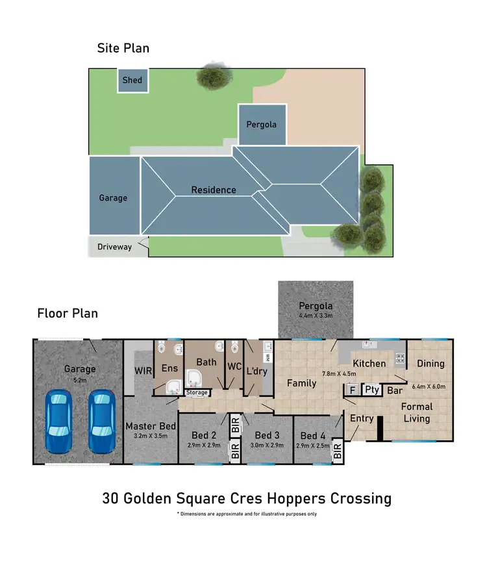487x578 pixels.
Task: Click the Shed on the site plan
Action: [x=132, y=81]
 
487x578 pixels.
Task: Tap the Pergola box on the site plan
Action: [x=262, y=125]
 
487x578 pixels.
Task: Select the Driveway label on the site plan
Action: [x=114, y=247]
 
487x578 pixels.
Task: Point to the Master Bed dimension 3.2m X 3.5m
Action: [x=150, y=436]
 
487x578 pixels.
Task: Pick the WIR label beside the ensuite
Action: [x=143, y=370]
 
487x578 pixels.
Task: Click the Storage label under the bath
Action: [x=197, y=392]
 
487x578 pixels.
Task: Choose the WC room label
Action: [x=234, y=366]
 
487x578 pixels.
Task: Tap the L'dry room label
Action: [x=258, y=371]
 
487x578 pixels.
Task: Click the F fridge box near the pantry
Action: [x=353, y=390]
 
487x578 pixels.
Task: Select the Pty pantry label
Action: [x=371, y=390]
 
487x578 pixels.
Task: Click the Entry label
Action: [x=362, y=418]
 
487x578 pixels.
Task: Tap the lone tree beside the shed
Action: [x=214, y=77]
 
